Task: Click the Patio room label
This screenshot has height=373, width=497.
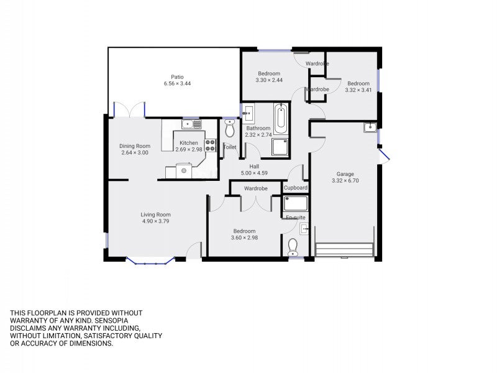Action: tap(177, 76)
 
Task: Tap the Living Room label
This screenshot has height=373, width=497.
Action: tap(156, 214)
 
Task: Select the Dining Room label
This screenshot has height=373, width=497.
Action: tap(135, 146)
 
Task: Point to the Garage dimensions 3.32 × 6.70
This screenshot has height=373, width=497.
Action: tap(345, 181)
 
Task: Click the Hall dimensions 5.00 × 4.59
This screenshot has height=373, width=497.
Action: tap(254, 173)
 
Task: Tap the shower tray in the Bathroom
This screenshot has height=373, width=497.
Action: tap(280, 147)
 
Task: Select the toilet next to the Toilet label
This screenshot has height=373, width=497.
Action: tap(229, 128)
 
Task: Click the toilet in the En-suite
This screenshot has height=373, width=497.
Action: tap(293, 247)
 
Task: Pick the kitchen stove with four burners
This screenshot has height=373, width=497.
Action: tap(211, 145)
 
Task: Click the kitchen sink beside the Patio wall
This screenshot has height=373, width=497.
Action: tap(191, 124)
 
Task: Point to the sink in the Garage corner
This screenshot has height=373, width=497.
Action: tap(370, 127)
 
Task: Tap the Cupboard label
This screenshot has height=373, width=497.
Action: tap(296, 188)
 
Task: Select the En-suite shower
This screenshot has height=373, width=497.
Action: tap(296, 203)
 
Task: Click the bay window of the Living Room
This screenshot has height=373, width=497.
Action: tap(150, 260)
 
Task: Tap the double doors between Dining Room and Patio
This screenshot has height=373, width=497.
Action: tap(129, 110)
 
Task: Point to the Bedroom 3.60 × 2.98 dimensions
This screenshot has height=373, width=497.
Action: tap(244, 238)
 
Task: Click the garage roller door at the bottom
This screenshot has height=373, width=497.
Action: tap(344, 250)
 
